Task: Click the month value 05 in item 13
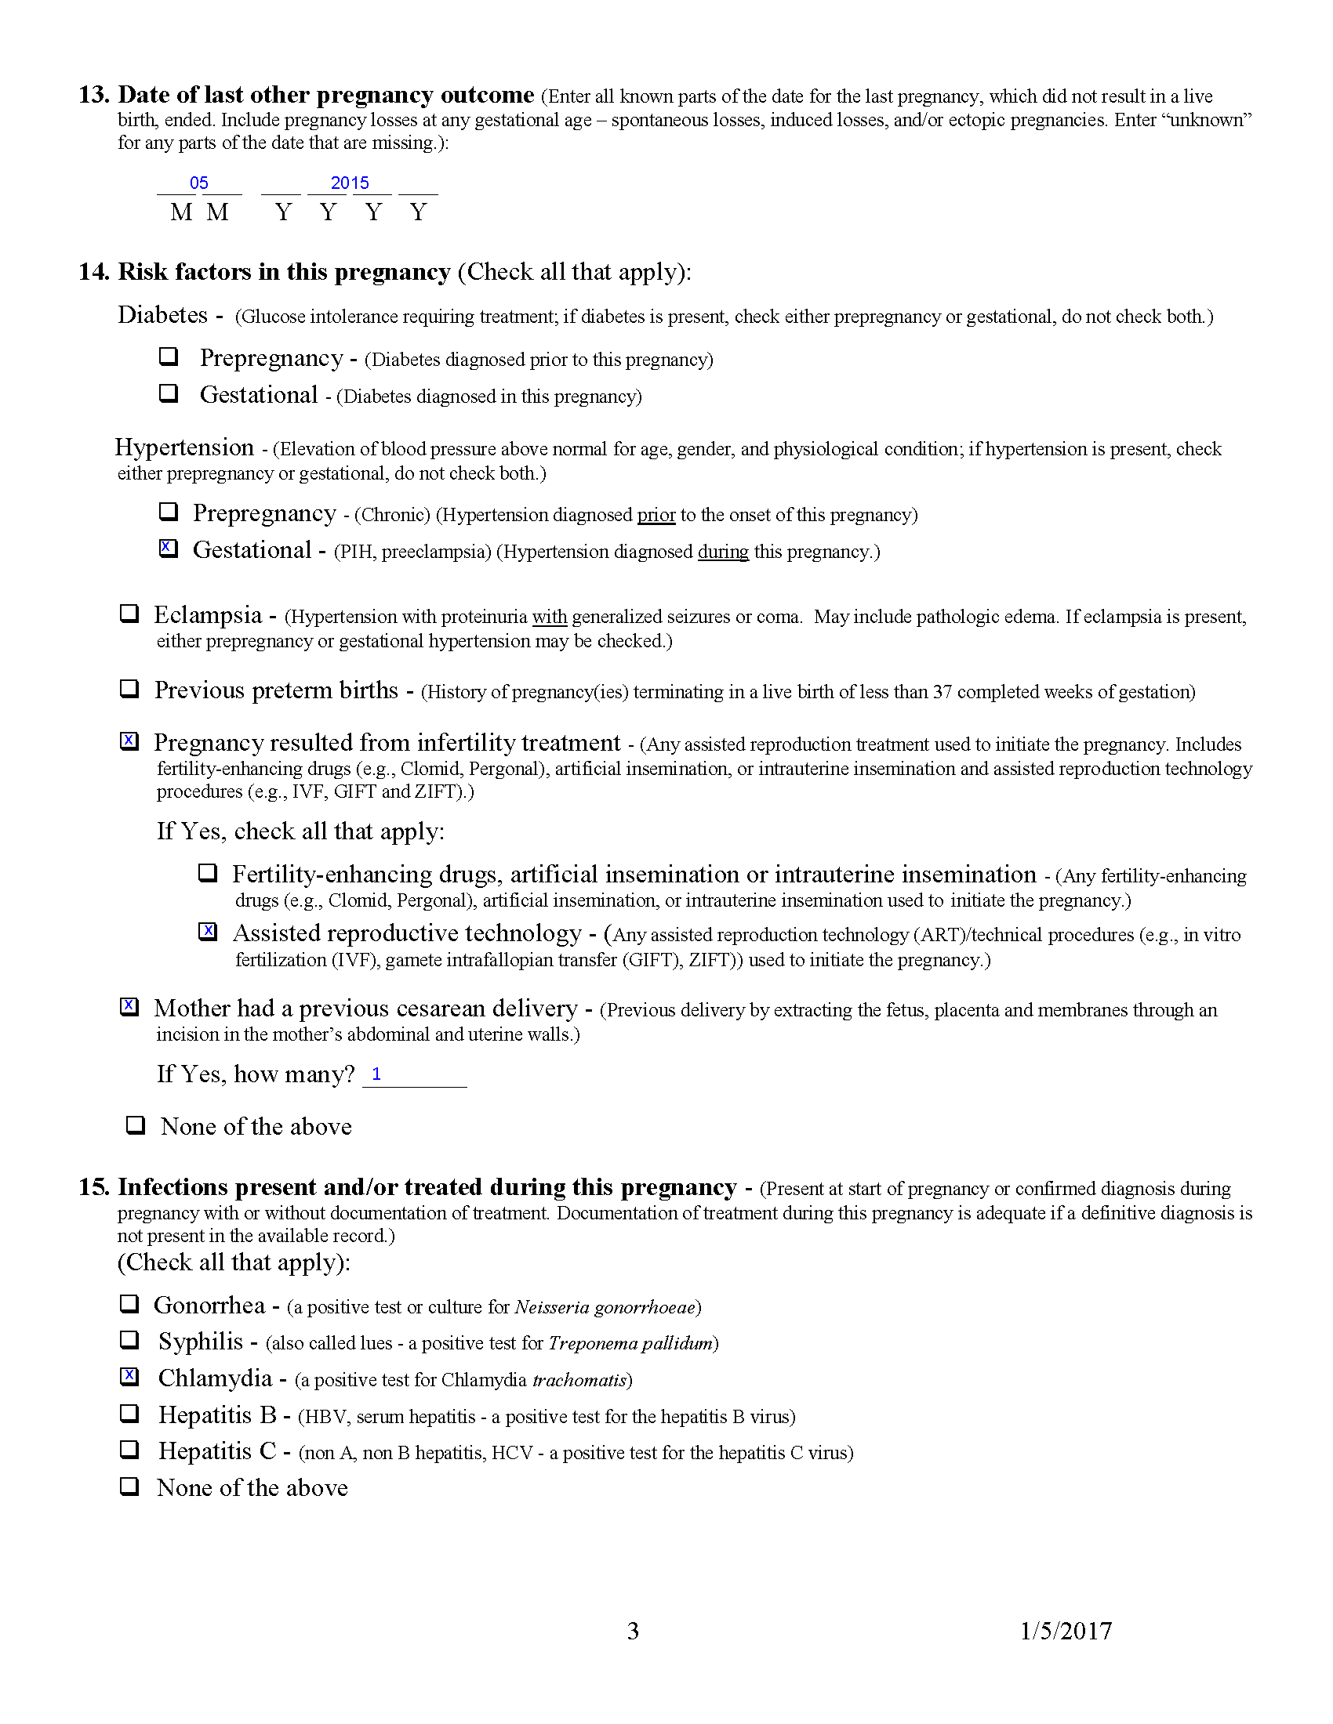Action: point(199,183)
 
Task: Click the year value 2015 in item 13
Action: point(350,183)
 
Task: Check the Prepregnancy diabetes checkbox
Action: point(169,356)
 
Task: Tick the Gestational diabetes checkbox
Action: point(169,393)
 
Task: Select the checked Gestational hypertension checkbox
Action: point(169,548)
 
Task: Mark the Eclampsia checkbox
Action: point(129,614)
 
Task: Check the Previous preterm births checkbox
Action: point(129,688)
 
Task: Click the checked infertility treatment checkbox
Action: point(129,741)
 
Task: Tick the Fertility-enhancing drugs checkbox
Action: point(208,873)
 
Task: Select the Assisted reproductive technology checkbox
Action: point(208,932)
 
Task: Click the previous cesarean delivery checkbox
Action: point(129,1007)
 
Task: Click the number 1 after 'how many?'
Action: point(376,1074)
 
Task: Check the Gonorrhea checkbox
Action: point(129,1303)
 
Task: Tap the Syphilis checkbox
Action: point(129,1339)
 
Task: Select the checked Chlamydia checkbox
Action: point(129,1377)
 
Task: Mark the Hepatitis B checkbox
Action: point(129,1413)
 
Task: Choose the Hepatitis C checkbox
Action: point(129,1449)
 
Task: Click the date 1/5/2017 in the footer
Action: point(1066,1632)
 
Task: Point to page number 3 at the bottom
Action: point(633,1632)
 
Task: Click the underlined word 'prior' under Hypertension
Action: point(656,516)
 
